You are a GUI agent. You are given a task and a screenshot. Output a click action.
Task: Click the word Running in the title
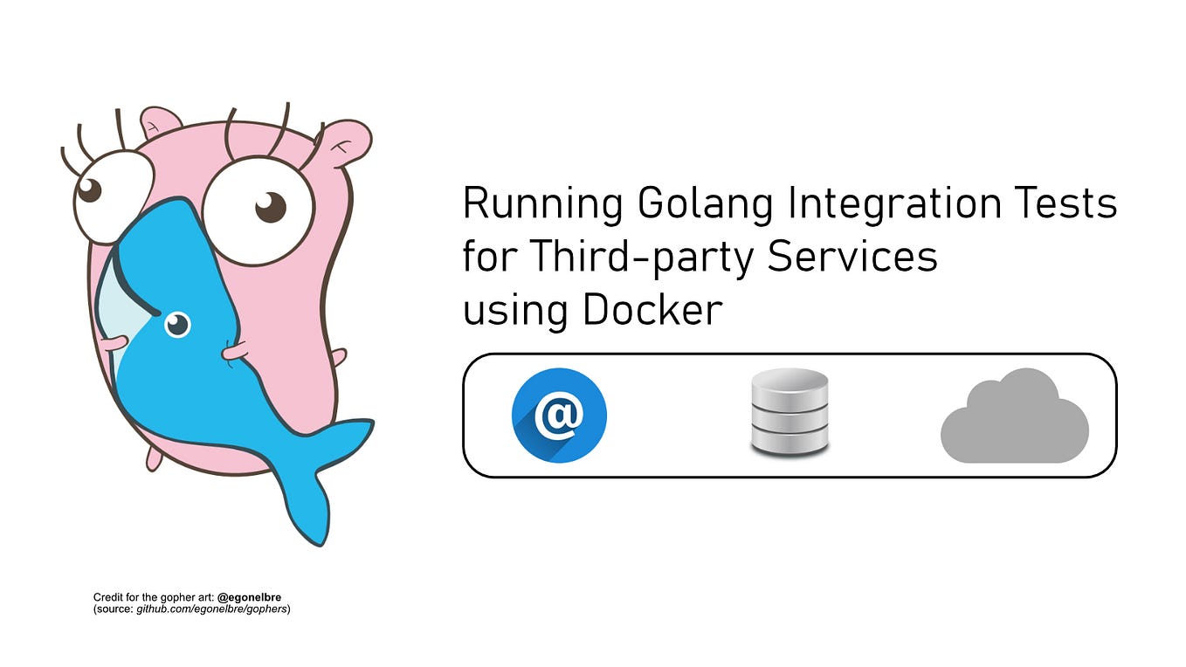click(542, 204)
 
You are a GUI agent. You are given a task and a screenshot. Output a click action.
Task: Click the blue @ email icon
click(559, 416)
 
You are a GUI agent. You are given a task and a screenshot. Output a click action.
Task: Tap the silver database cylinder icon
click(790, 412)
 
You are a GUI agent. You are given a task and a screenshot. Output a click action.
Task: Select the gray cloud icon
click(1015, 417)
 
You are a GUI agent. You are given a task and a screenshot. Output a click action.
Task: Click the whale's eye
click(177, 325)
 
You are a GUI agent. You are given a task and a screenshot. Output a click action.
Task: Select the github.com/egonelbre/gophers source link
click(212, 608)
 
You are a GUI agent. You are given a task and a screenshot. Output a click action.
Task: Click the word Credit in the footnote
click(108, 597)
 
